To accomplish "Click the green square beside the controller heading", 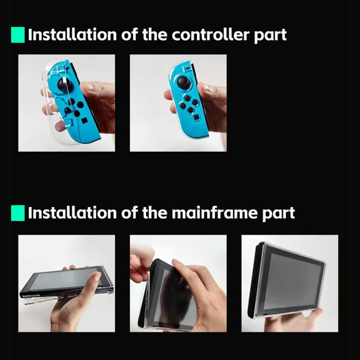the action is coord(18,35).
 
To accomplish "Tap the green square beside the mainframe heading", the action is coord(18,213).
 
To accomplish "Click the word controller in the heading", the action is coord(211,35).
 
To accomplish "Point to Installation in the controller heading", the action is coord(72,35).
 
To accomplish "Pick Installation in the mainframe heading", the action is coord(72,213).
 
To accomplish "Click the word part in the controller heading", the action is coord(270,36).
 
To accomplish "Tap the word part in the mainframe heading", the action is coord(279,214).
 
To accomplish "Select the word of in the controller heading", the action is coord(129,35).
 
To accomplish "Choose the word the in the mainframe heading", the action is coord(154,213).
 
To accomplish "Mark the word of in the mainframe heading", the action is coord(129,213).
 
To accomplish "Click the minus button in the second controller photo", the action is coord(187,68).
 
